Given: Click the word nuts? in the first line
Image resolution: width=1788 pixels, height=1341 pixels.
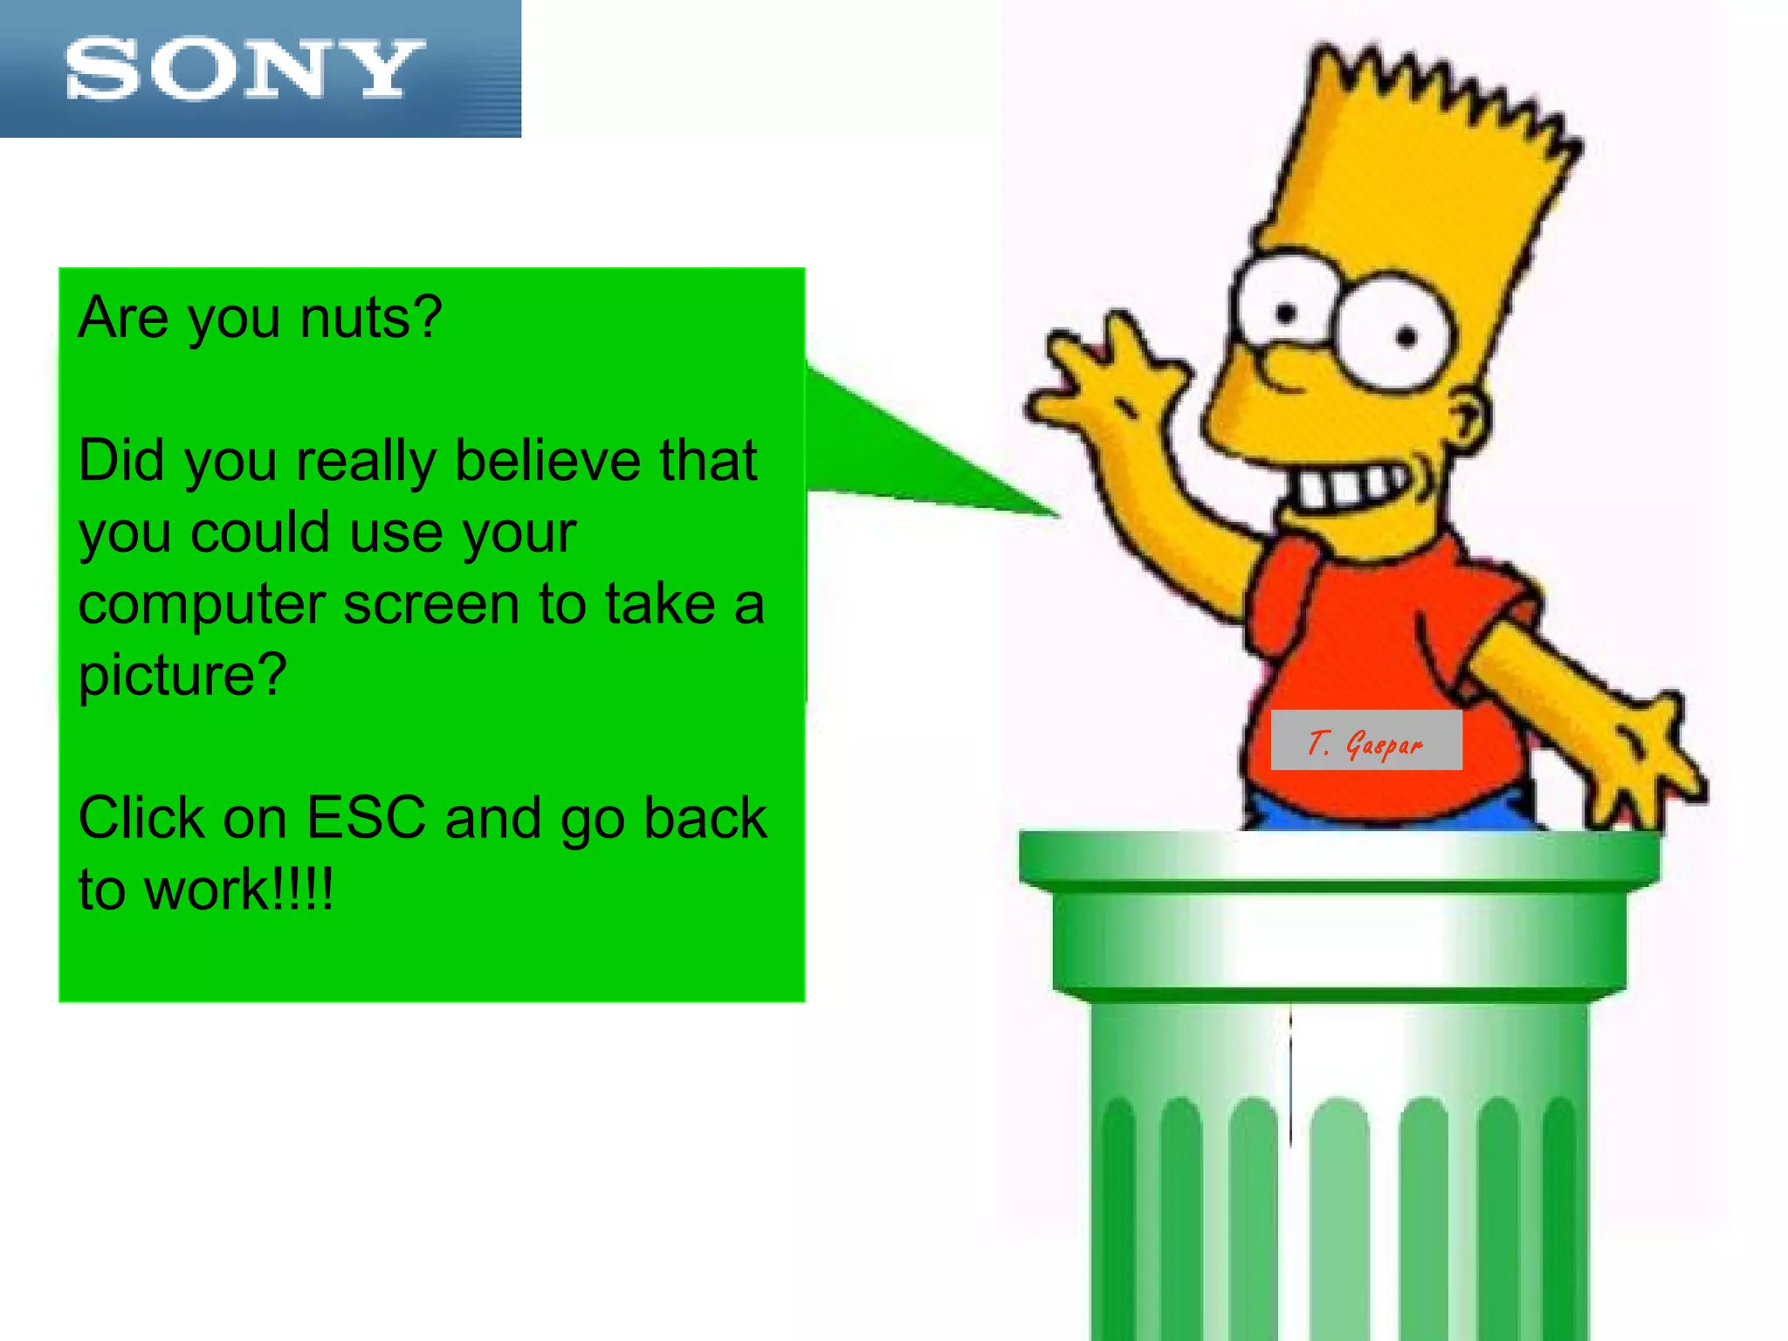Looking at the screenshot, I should tap(371, 318).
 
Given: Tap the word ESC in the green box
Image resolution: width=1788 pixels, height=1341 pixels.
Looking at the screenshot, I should tap(366, 818).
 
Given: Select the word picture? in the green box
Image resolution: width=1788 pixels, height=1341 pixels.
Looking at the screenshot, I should tap(182, 676).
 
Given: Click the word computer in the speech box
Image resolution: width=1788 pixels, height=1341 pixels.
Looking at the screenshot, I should tap(202, 604).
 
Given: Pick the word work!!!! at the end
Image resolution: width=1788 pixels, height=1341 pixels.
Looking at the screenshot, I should tap(238, 890).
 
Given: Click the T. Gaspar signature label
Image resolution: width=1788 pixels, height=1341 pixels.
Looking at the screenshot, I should tap(1365, 741).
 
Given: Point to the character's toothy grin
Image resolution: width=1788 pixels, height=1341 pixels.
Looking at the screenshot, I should tap(1349, 489).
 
